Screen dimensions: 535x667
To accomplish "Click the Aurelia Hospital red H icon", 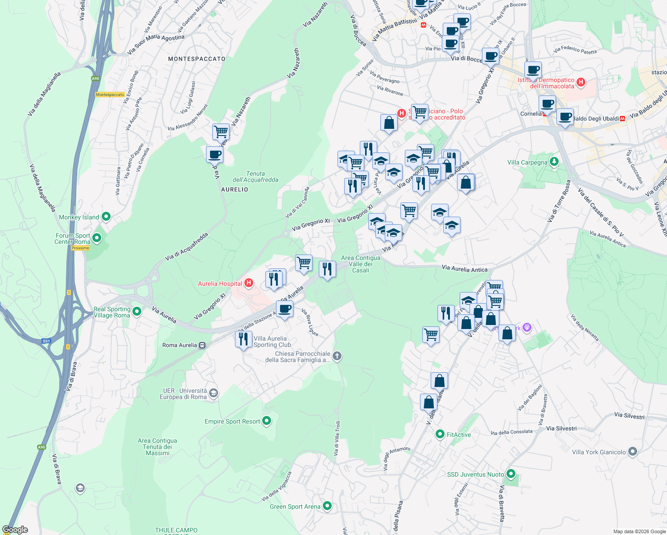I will [249, 283].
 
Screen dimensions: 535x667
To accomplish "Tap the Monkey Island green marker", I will [106, 217].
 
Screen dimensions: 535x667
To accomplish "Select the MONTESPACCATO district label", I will [197, 59].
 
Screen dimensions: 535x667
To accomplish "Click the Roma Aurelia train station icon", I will [202, 345].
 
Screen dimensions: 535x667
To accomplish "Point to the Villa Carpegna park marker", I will [554, 162].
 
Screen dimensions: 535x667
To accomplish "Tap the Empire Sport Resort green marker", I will [267, 421].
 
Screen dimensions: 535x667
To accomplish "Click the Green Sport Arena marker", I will [327, 506].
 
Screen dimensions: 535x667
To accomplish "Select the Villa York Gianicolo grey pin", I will [633, 452].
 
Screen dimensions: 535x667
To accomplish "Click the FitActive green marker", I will [440, 434].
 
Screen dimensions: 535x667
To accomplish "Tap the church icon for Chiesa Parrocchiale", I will [337, 356].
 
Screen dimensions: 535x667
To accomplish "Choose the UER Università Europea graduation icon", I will [214, 393].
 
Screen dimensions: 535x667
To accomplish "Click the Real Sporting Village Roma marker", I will [137, 312].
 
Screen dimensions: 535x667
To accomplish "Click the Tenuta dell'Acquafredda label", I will [255, 177].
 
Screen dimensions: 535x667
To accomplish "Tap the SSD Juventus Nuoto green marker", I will [511, 474].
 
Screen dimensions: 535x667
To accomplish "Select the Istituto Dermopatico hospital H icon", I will [581, 82].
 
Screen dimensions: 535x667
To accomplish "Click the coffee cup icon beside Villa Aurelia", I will [284, 309].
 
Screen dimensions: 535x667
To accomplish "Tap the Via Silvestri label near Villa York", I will [561, 428].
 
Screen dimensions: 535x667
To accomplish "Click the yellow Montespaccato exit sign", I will [110, 95].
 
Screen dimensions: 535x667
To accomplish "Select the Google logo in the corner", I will [15, 530].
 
